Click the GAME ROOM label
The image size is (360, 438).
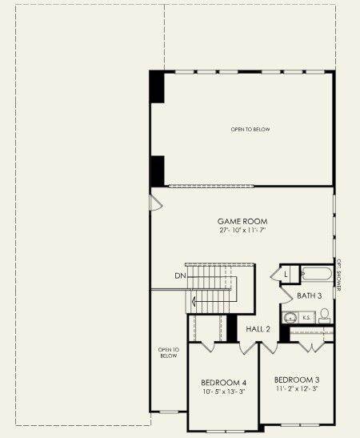tap(242, 220)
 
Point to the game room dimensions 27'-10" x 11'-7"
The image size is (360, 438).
tap(242, 230)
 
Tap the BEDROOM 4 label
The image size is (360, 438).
tap(224, 383)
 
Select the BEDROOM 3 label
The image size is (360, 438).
tap(297, 379)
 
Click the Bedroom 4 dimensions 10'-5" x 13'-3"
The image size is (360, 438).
tap(224, 392)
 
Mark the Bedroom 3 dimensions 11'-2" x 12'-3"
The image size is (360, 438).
tap(297, 388)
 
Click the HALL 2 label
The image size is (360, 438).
tap(258, 329)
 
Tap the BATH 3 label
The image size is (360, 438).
tap(309, 295)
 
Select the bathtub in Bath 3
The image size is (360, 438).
tap(315, 274)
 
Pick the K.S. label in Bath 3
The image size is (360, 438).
tap(306, 318)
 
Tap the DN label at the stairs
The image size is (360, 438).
tap(180, 276)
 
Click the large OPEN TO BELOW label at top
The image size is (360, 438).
tap(250, 129)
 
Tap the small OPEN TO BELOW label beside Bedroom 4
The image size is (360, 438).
tap(168, 352)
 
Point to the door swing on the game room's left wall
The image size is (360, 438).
tap(155, 201)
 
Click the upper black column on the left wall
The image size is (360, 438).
tap(158, 86)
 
